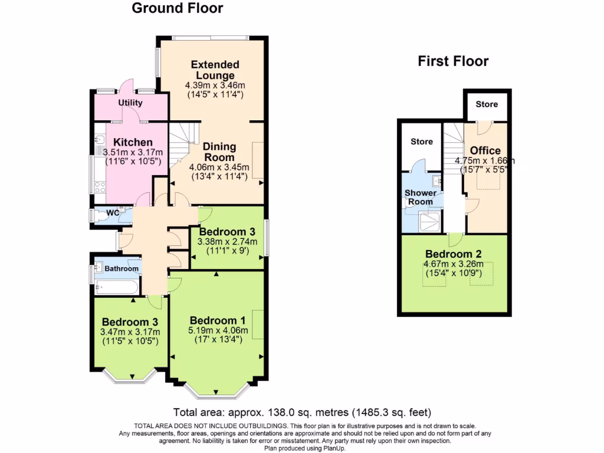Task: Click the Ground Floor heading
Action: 177,8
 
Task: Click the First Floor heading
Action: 453,61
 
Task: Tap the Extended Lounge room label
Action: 215,70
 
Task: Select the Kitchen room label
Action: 133,142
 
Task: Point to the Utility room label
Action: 130,103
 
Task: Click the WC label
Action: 113,212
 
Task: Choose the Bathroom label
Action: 122,269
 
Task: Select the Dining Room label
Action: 219,152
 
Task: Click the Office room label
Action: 485,150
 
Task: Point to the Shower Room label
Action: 421,197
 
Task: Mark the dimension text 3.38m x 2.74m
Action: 227,241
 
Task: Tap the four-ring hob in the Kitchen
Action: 99,187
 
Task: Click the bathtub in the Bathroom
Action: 116,288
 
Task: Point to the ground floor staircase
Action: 182,145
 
